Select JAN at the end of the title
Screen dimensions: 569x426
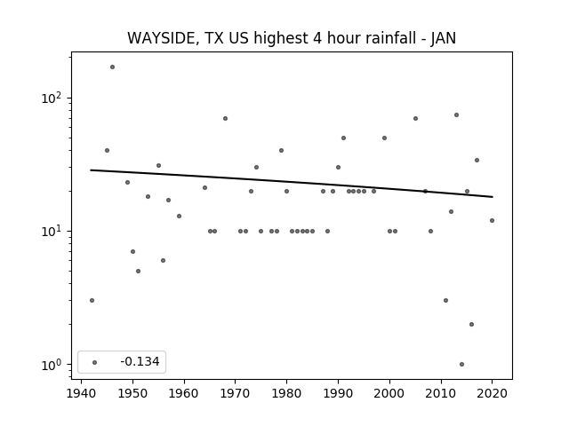click(444, 38)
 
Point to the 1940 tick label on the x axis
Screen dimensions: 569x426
click(81, 393)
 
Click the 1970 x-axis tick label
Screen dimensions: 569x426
click(236, 393)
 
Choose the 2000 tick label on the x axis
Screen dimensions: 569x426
click(389, 393)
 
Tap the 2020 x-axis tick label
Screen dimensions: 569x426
click(492, 393)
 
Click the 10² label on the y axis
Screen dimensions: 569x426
click(53, 99)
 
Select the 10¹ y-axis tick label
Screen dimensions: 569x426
click(53, 231)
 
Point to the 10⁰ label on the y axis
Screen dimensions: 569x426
click(53, 365)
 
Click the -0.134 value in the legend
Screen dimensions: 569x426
click(140, 361)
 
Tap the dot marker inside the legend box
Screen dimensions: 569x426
click(95, 362)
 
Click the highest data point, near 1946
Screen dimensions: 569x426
click(113, 67)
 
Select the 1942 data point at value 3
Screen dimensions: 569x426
click(92, 300)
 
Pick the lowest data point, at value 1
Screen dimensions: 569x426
click(461, 365)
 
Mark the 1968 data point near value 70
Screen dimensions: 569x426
click(225, 118)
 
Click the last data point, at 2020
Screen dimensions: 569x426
click(492, 221)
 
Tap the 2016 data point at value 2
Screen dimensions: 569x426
click(472, 324)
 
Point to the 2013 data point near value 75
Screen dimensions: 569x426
click(456, 114)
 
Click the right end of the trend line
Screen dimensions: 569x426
click(493, 197)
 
